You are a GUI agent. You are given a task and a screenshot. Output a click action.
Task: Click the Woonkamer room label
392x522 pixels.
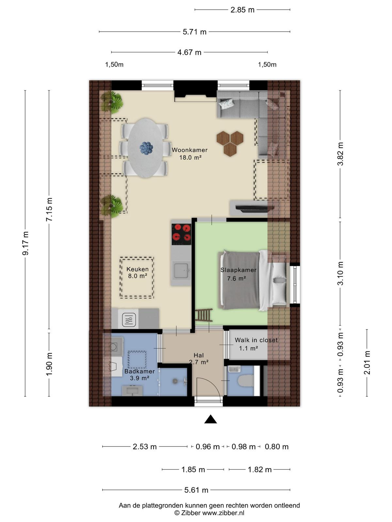tap(190, 150)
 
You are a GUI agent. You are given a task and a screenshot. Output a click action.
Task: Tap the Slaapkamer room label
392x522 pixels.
tap(238, 270)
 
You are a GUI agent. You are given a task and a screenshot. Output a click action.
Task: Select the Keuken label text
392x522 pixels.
tap(138, 269)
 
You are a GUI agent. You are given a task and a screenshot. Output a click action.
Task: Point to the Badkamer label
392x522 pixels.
tap(139, 371)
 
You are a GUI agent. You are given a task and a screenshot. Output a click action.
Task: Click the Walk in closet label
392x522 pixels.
tap(256, 340)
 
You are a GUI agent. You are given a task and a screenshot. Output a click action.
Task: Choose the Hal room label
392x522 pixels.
tap(199, 355)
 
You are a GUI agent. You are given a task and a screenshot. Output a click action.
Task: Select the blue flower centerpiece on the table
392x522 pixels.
tap(146, 148)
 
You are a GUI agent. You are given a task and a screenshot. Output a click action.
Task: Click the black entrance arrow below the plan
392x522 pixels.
tap(210, 419)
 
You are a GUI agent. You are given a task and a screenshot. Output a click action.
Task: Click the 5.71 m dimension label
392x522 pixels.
tap(194, 32)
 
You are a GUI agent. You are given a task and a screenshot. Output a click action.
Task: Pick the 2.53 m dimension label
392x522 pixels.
tap(145, 447)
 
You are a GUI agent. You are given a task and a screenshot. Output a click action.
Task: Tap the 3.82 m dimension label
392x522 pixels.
tap(341, 154)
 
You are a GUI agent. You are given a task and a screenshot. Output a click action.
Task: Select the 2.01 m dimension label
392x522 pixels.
tap(367, 363)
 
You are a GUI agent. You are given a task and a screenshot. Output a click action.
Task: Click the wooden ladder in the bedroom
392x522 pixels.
tap(204, 315)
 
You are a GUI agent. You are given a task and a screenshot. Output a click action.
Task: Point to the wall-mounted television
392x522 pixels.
tap(255, 208)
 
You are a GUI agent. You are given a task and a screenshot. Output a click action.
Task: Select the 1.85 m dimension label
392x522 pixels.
tap(193, 470)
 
